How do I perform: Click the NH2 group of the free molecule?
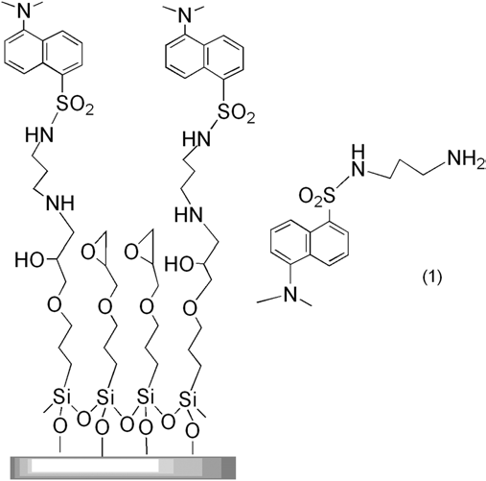(467, 159)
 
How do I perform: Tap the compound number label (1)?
(432, 277)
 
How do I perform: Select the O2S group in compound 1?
(317, 197)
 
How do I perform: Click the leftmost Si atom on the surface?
(59, 397)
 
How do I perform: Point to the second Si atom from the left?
(105, 397)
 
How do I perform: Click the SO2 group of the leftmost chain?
(75, 106)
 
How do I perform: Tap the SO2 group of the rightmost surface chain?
(237, 112)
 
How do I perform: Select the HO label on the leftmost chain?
(30, 259)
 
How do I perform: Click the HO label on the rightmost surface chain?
(178, 265)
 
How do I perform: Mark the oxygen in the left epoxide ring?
(88, 253)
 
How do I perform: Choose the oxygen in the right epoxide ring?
(131, 253)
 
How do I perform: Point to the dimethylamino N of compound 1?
(290, 293)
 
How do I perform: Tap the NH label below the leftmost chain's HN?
(60, 203)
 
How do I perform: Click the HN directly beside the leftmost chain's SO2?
(39, 134)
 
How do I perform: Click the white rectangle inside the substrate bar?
(95, 465)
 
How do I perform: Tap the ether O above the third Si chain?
(147, 306)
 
